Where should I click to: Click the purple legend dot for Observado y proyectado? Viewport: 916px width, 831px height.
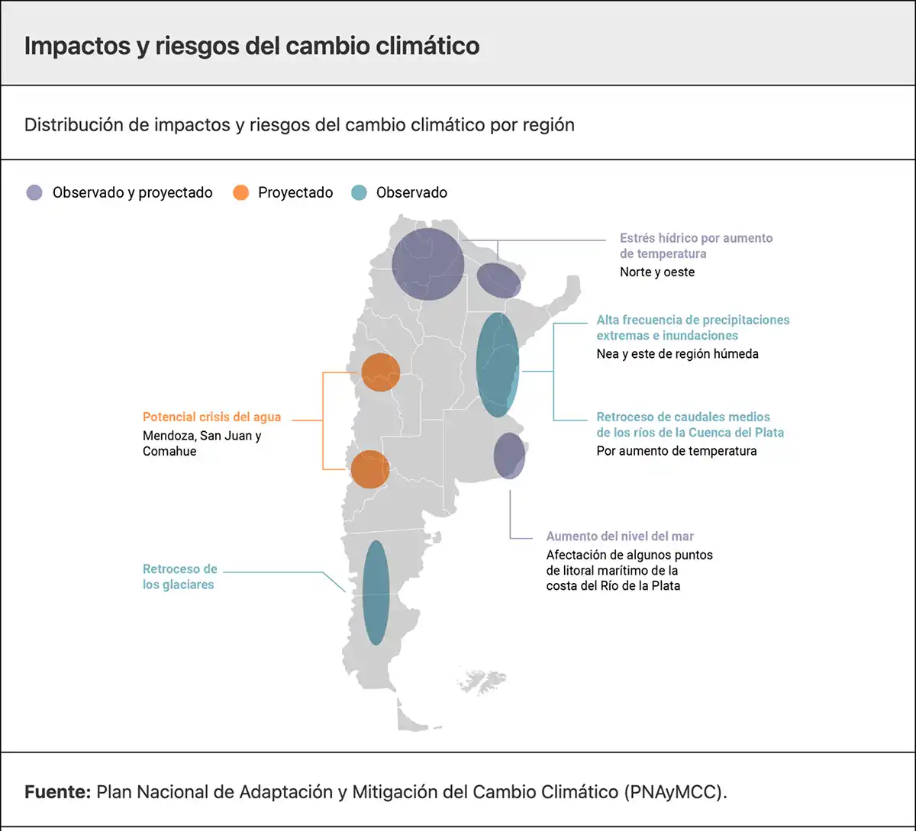tap(34, 193)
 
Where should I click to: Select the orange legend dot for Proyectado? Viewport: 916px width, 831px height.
tap(240, 193)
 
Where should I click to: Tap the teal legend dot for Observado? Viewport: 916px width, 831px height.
tap(359, 193)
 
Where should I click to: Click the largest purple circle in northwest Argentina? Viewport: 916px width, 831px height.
tap(427, 264)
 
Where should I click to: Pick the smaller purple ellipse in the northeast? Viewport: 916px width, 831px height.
tap(499, 280)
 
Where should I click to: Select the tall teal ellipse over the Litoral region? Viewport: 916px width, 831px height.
tap(498, 364)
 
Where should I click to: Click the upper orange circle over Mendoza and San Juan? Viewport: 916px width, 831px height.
tap(380, 372)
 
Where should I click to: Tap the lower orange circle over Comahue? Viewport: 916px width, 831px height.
tap(369, 469)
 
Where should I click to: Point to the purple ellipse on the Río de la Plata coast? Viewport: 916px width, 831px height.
tap(509, 456)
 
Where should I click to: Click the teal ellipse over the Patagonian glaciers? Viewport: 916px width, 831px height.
tap(376, 592)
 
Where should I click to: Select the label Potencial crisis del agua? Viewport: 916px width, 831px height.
tap(211, 417)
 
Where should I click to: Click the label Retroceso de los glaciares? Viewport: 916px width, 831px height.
tap(179, 577)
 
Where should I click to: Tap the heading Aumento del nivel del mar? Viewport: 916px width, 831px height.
tap(620, 536)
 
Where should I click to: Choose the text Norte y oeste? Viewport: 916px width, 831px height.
tap(656, 272)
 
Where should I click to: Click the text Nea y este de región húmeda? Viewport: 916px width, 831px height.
tap(677, 354)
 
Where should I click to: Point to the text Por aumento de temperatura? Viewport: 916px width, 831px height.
tap(676, 451)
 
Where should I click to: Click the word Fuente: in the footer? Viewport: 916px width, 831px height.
tap(57, 791)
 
